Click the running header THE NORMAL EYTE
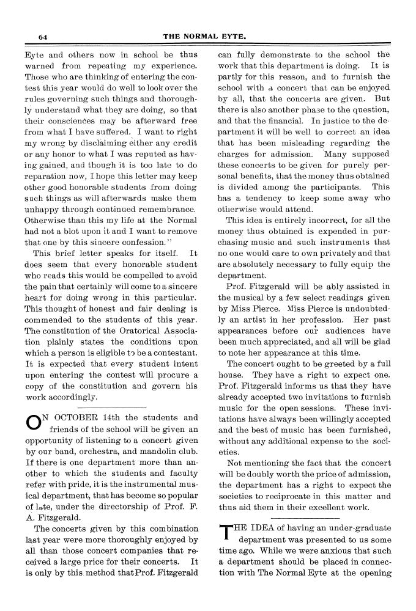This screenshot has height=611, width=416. pyautogui.click(x=205, y=37)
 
